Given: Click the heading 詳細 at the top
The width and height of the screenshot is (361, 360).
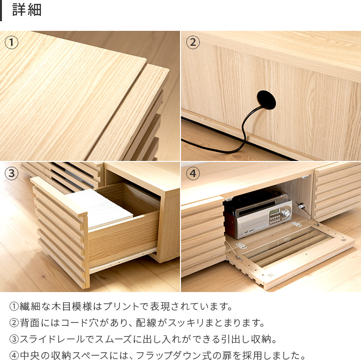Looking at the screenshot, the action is (26, 10).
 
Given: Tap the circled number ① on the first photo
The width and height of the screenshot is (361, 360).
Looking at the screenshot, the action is (11, 42).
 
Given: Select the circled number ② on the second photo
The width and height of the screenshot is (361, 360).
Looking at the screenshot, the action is (193, 42).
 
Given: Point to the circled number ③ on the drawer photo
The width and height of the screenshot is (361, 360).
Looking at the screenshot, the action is (11, 173).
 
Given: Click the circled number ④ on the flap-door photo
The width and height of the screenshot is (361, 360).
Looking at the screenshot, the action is (193, 173).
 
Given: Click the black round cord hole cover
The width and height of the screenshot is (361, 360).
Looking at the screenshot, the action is (266, 100).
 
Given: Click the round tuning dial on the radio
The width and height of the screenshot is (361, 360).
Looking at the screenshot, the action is (286, 213).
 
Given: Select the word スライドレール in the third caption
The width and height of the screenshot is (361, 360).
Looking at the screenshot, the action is (52, 339).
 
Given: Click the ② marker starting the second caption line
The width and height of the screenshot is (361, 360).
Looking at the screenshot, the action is (14, 323).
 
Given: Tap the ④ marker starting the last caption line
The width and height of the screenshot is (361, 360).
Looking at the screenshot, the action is (14, 355).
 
